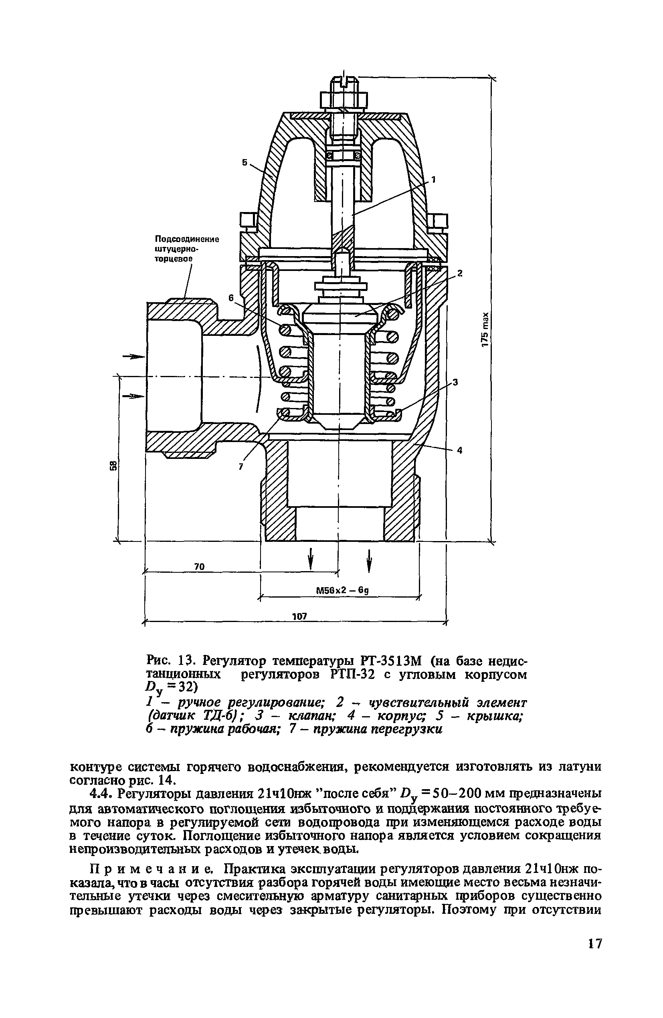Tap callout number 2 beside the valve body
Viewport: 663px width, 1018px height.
tap(460, 273)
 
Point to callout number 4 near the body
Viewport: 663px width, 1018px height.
tap(459, 450)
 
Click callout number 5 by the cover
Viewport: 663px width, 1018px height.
tap(245, 163)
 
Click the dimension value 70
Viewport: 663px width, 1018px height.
tap(199, 567)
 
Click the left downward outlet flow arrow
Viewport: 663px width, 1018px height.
tap(311, 559)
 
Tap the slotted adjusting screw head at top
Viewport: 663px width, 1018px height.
tap(344, 80)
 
